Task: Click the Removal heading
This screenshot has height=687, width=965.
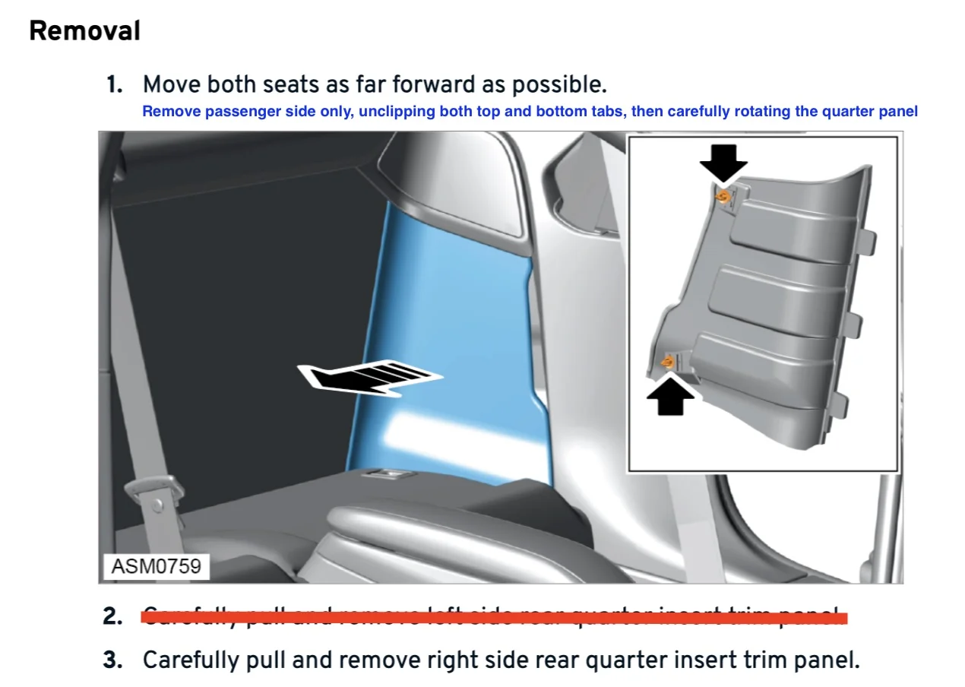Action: (84, 31)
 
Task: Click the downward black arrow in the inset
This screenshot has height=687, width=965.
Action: (723, 163)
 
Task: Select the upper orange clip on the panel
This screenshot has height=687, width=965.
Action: (723, 197)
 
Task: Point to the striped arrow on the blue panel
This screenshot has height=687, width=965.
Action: (369, 378)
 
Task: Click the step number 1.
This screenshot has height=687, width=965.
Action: (114, 84)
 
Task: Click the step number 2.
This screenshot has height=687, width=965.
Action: (113, 616)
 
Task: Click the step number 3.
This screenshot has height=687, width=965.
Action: (113, 660)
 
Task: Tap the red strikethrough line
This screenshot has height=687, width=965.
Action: (494, 616)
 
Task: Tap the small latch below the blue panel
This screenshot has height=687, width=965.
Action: (388, 475)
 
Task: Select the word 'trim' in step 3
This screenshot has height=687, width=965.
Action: (764, 660)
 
